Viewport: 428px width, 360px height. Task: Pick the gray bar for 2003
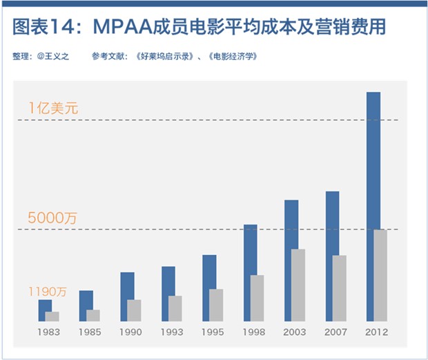[298, 285]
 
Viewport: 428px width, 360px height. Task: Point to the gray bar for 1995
[216, 305]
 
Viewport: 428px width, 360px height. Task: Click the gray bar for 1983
[52, 316]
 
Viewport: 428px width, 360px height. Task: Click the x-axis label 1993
[171, 332]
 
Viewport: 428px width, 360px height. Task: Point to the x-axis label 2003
[295, 332]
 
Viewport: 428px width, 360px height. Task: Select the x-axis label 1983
[48, 332]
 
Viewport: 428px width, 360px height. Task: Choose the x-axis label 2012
[377, 332]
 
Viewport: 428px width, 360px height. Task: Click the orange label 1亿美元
[53, 108]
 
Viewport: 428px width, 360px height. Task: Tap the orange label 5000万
[52, 218]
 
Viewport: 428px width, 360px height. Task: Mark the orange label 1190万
[48, 292]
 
